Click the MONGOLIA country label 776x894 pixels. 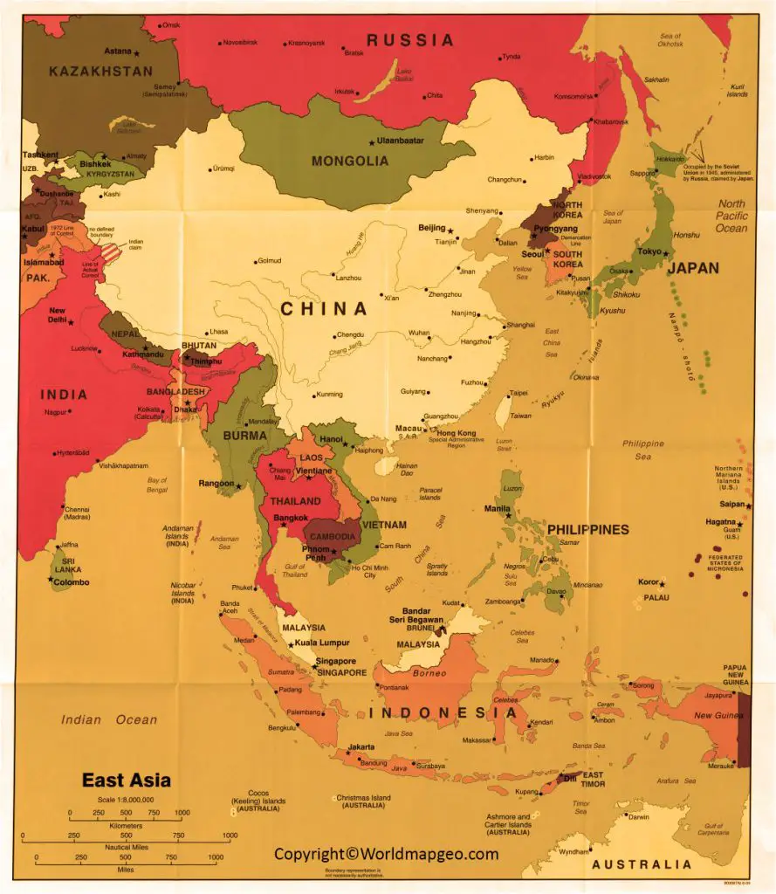(350, 161)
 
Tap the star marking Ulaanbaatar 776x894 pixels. (371, 141)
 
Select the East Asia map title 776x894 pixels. (127, 780)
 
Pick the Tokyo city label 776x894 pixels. (649, 251)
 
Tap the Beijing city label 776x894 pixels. (431, 227)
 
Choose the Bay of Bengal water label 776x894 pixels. (157, 485)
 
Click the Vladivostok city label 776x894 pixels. (594, 175)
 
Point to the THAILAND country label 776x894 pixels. (296, 501)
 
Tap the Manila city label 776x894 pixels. (497, 507)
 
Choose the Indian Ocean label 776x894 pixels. (109, 719)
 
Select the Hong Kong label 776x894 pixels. (456, 433)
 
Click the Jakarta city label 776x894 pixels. (361, 746)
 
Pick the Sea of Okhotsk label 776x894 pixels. (670, 39)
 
